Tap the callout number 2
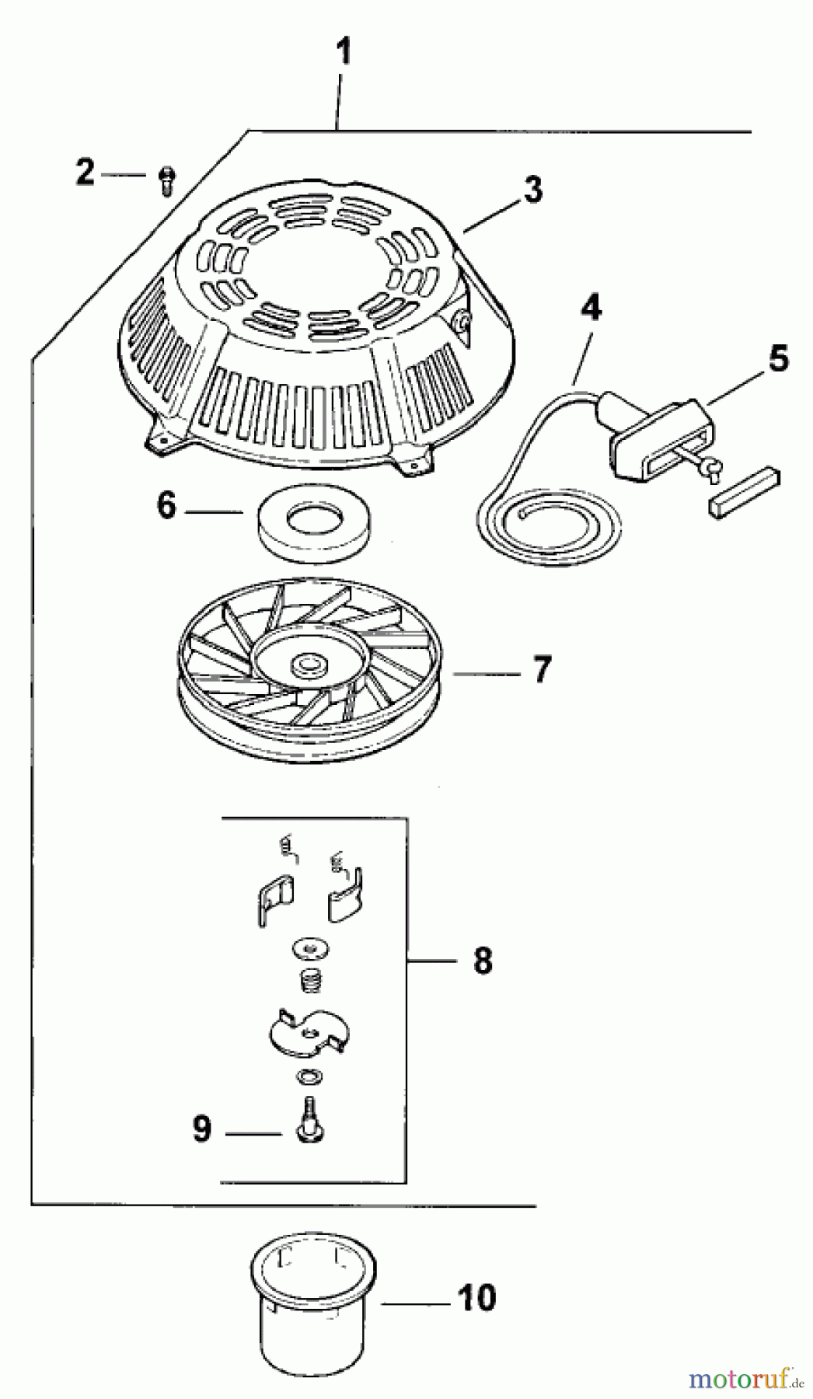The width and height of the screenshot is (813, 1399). coord(85,173)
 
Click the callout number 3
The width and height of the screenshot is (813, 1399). coord(532,189)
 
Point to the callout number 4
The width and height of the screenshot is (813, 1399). coord(591,309)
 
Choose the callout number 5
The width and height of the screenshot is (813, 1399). coord(778,359)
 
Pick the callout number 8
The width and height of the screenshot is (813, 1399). coord(482,961)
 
